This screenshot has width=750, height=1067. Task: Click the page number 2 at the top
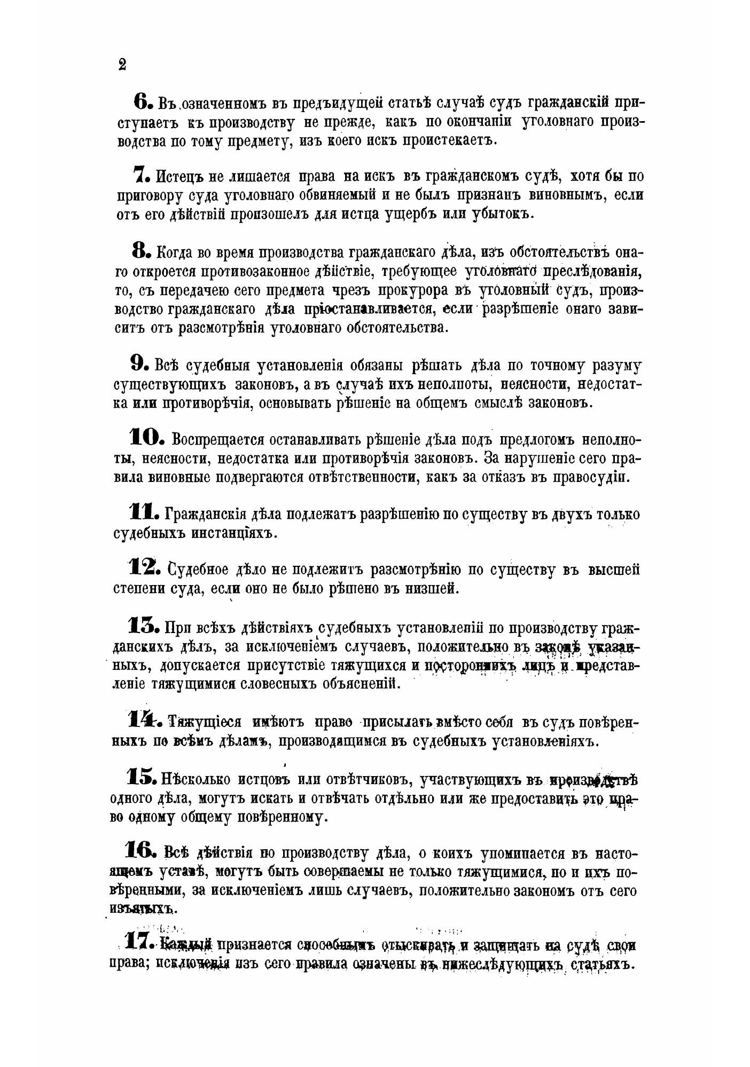pyautogui.click(x=122, y=65)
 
